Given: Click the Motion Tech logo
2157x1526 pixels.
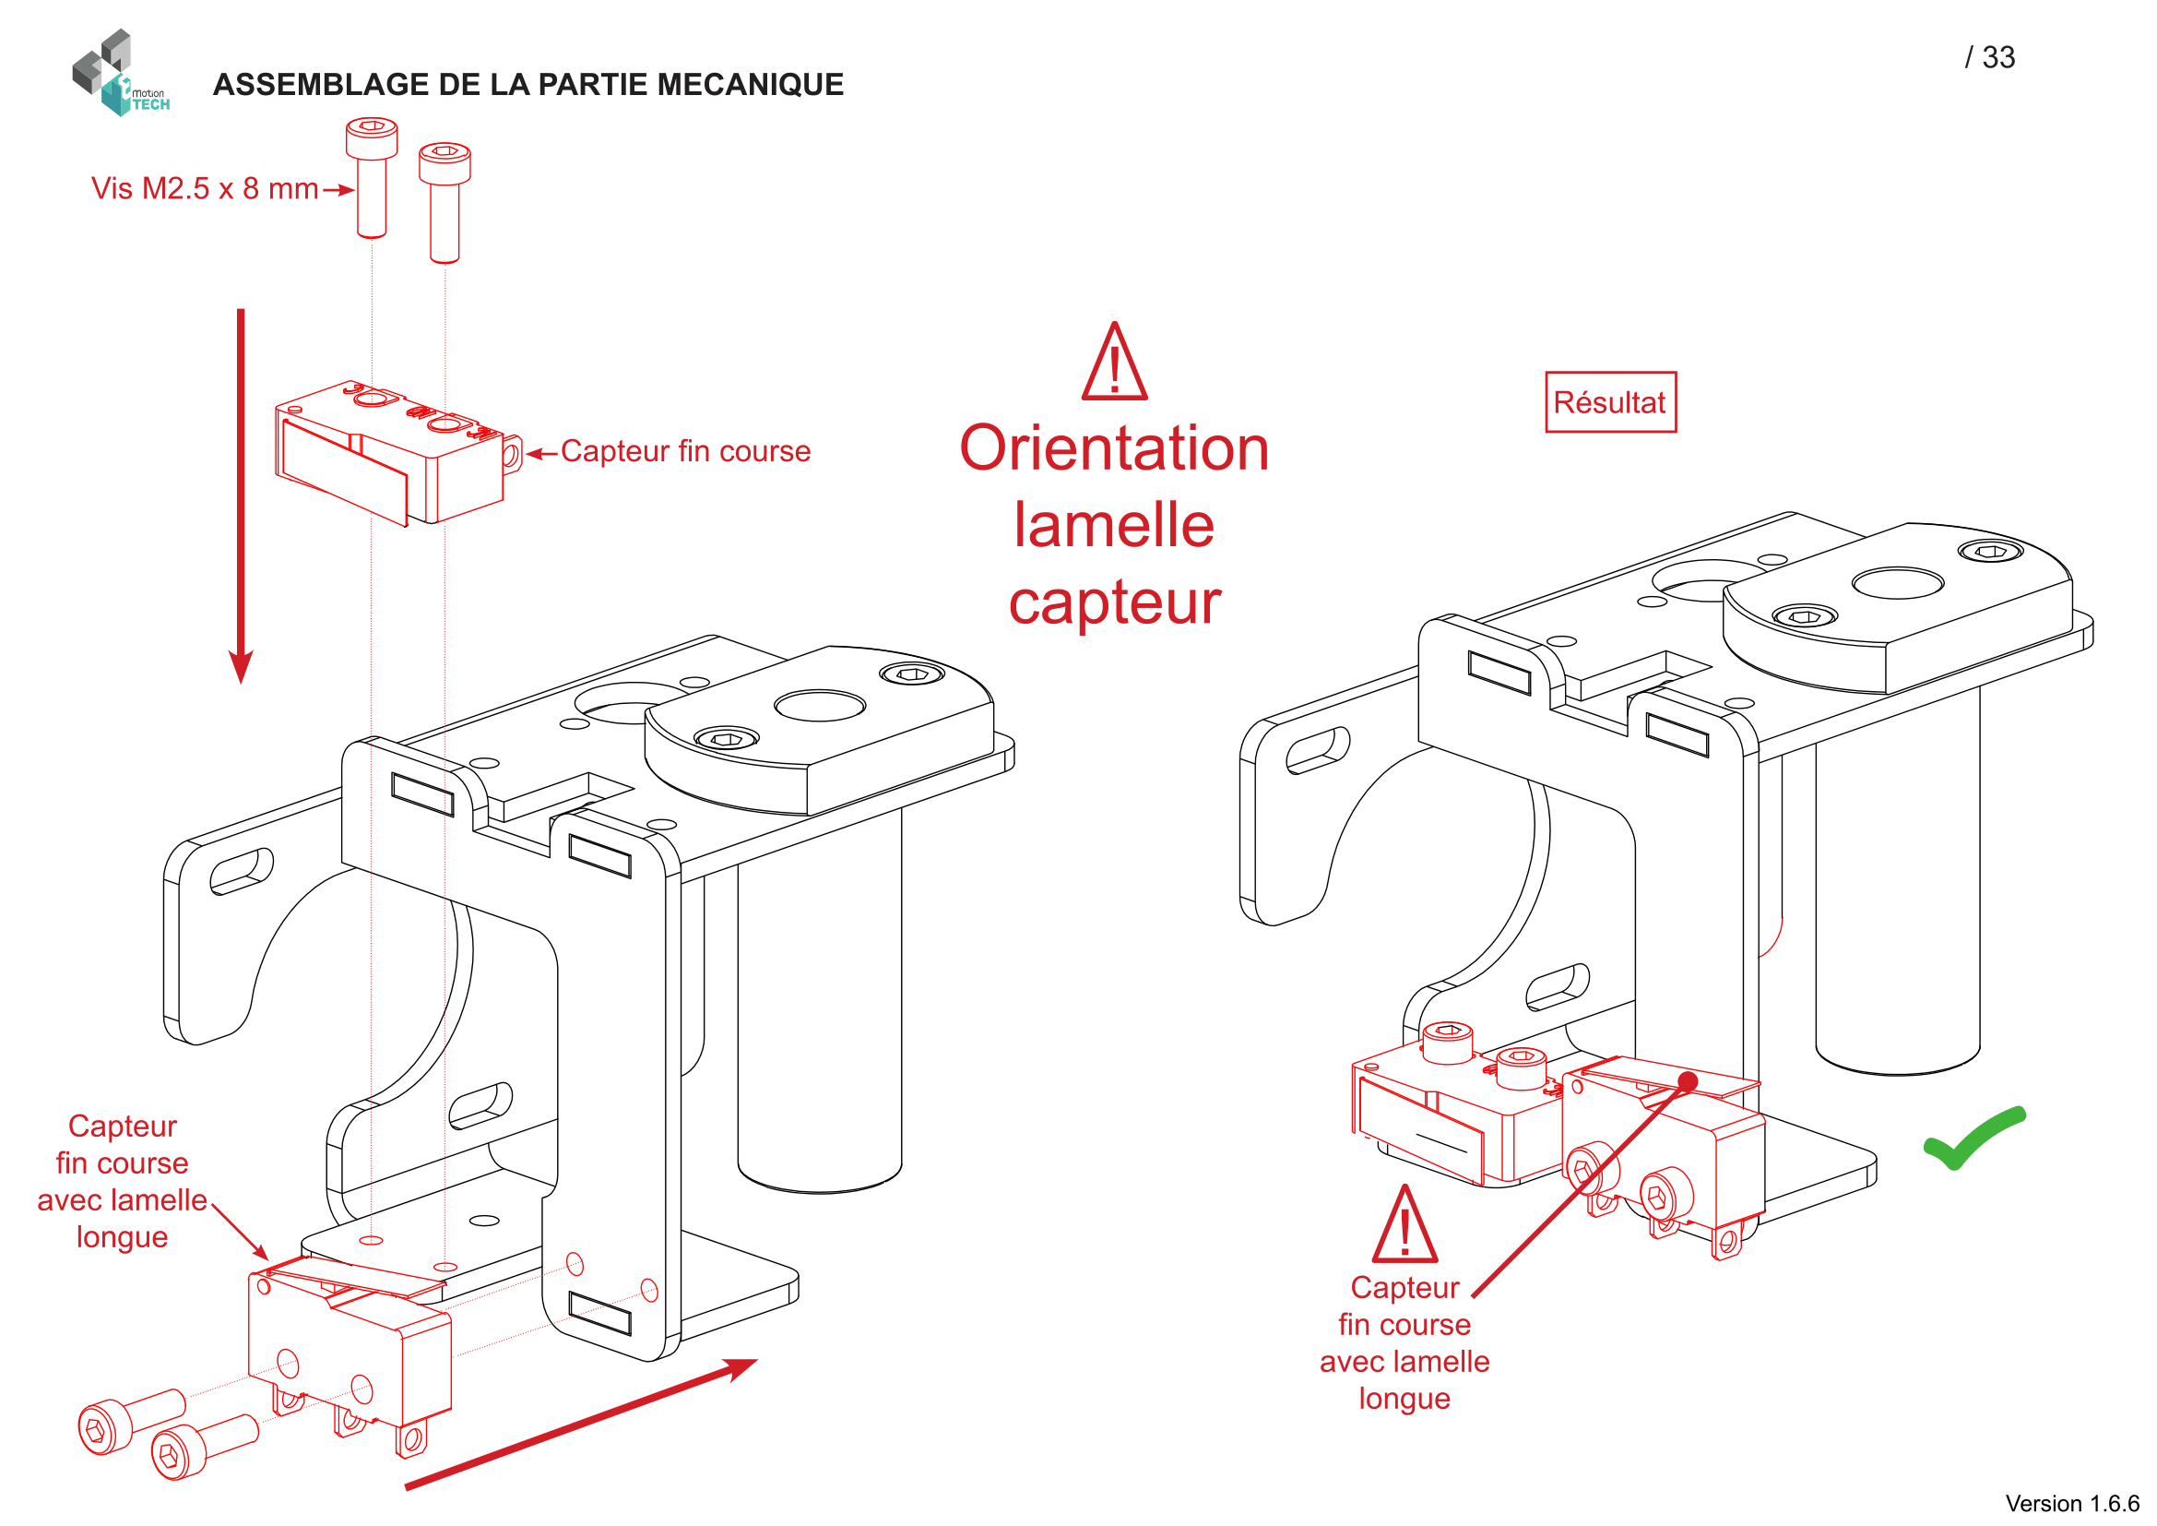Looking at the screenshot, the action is [120, 73].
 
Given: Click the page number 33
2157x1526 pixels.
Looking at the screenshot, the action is [1998, 57].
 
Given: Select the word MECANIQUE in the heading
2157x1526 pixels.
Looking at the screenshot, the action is [750, 85].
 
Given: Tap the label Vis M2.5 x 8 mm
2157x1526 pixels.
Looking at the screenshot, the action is [205, 189].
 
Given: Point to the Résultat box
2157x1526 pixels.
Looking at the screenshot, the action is [1610, 402].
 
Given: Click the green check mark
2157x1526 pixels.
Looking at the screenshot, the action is [1974, 1137].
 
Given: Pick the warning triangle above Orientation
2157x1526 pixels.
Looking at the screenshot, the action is [1114, 362].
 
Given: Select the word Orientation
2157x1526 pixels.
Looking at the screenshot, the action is [1114, 448].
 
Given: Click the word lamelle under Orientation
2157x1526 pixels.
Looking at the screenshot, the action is [1114, 524].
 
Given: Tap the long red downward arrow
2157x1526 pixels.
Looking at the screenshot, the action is [241, 496].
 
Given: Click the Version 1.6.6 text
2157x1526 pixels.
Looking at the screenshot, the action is [2072, 1504].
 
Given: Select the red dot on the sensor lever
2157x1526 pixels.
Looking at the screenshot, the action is [1688, 1081].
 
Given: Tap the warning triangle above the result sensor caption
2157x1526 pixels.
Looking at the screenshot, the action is [1404, 1223].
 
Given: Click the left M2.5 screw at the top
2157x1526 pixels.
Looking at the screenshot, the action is [371, 176].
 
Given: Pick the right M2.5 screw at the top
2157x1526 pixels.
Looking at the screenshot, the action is [444, 202].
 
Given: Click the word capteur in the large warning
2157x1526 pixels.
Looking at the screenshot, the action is [1114, 603].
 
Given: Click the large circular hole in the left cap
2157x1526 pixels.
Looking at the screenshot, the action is [819, 706].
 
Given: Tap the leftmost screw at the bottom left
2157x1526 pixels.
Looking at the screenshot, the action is [130, 1422].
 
